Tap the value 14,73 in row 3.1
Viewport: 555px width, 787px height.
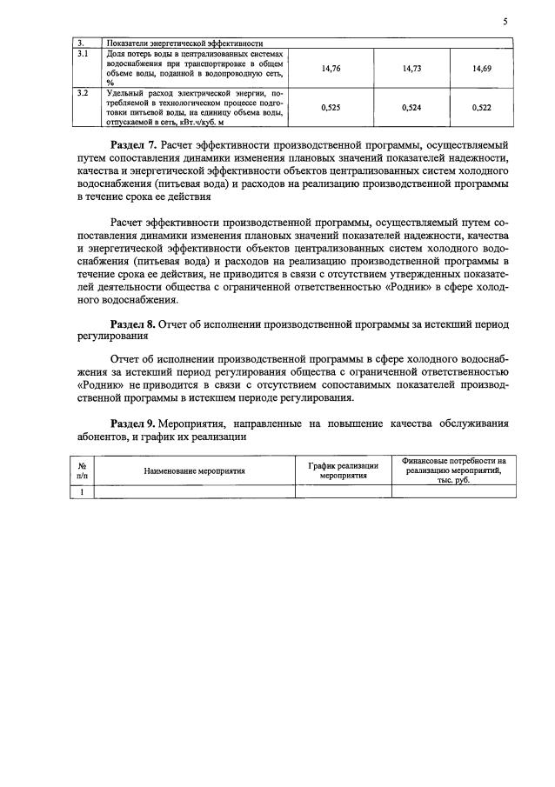[x=411, y=66]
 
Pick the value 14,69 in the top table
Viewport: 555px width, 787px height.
[x=481, y=66]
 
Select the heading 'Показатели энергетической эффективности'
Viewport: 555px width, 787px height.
[x=184, y=42]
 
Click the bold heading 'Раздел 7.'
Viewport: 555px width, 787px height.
[x=136, y=144]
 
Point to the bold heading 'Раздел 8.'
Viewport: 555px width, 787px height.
[x=136, y=323]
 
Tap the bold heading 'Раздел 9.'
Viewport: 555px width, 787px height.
[x=136, y=424]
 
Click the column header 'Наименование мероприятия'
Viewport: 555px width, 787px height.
[x=194, y=470]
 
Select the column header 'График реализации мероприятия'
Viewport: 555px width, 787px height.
[x=343, y=470]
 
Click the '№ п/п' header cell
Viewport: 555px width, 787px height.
[x=82, y=470]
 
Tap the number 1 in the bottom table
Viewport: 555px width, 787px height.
[x=82, y=491]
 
